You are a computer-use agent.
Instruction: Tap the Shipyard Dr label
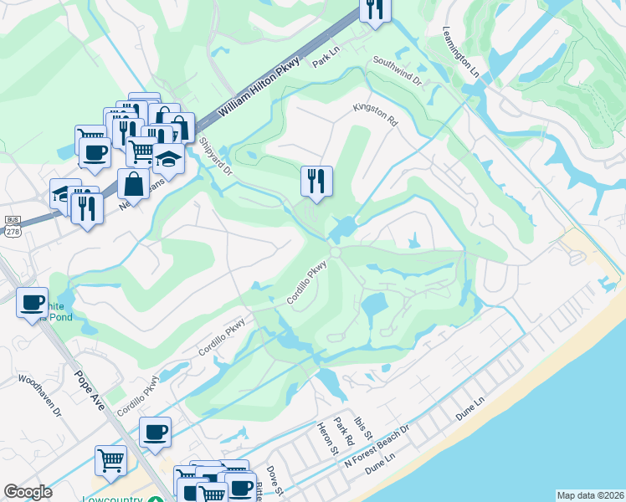tap(214, 156)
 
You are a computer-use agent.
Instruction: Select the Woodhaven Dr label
tap(42, 395)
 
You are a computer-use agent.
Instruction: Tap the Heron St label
tap(326, 438)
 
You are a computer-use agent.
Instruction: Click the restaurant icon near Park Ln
tap(375, 9)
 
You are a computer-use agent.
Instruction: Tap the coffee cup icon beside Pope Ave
tap(155, 432)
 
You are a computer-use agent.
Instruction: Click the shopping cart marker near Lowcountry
tap(110, 459)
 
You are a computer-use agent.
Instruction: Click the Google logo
tap(28, 491)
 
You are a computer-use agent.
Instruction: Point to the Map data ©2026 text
tap(590, 495)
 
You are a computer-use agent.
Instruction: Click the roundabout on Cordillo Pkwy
tap(335, 252)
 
